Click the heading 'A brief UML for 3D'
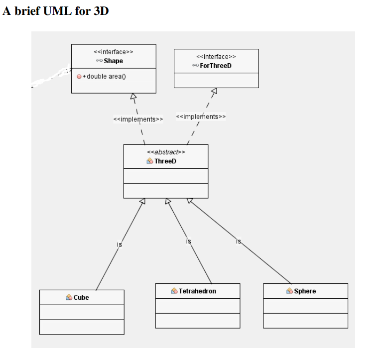click(x=56, y=11)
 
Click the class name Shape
click(x=113, y=61)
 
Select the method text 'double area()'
click(x=107, y=76)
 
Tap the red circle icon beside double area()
click(x=79, y=76)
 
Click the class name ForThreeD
click(x=216, y=66)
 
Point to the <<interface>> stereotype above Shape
click(x=114, y=52)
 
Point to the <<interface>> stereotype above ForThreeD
click(x=216, y=57)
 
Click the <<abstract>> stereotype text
click(x=166, y=152)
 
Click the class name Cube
click(x=81, y=297)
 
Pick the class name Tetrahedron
click(x=197, y=291)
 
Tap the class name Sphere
click(x=305, y=291)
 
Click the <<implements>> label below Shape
click(x=138, y=120)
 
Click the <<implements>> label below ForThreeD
click(x=201, y=117)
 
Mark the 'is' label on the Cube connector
click(x=120, y=244)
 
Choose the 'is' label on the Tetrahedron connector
click(x=188, y=241)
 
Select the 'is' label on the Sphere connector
click(x=239, y=241)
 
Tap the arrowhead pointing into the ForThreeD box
click(x=214, y=91)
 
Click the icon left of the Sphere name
click(x=289, y=291)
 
